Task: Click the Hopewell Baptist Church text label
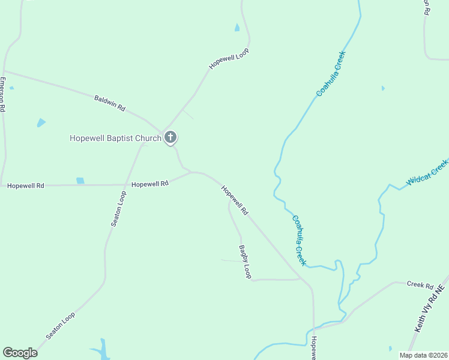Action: [115, 139]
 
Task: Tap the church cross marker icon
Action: [170, 137]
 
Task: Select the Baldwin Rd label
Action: [109, 103]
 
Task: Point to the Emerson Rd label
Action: [3, 95]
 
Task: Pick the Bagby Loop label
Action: [245, 262]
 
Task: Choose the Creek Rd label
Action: [420, 284]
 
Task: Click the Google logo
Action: [20, 353]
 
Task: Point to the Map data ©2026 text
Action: [423, 355]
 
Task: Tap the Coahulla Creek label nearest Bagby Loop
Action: [299, 240]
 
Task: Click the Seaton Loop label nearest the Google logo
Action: [60, 325]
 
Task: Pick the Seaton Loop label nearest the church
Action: [118, 208]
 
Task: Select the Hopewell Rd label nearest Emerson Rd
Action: [26, 186]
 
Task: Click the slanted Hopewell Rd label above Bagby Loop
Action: [234, 200]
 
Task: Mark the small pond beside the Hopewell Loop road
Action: [237, 28]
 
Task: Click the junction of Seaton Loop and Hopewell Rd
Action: [125, 185]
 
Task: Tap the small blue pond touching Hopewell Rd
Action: [80, 181]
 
